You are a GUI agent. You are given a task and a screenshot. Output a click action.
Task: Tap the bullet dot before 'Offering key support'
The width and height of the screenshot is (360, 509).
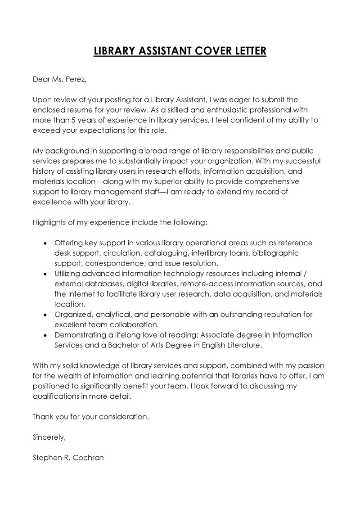45,243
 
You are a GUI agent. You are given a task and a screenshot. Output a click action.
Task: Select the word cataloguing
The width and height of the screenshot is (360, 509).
167,253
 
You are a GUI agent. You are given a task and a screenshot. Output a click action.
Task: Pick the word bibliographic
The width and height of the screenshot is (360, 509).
273,253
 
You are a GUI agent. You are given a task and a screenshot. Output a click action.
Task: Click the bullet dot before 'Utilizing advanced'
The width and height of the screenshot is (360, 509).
45,274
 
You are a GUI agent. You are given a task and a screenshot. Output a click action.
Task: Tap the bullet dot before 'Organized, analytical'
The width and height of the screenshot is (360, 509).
45,314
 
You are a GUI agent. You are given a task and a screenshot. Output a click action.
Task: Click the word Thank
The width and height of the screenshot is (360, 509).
42,417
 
